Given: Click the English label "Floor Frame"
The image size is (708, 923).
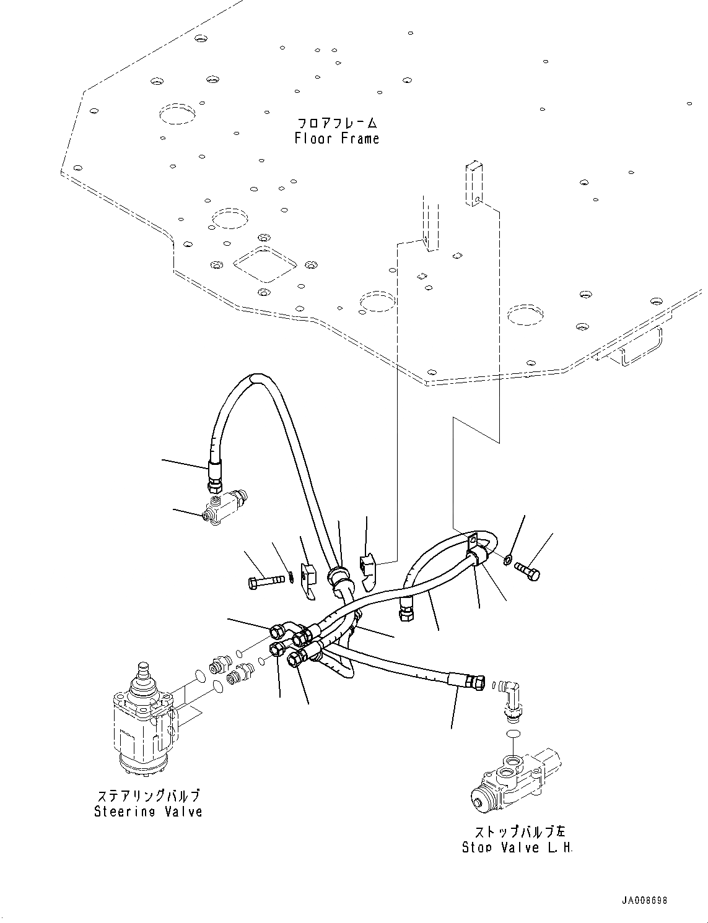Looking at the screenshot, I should pos(336,139).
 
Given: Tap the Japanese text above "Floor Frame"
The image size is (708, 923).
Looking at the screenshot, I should pos(336,123).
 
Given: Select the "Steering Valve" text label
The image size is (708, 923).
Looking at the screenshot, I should pos(148,811).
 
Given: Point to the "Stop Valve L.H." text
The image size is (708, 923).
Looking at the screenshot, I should pos(517,847).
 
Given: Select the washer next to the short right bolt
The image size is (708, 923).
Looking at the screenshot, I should pos(507,561).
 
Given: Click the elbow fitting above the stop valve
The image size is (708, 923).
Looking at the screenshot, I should pos(510,696).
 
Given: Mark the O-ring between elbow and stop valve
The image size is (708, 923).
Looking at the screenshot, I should pos(512,734).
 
